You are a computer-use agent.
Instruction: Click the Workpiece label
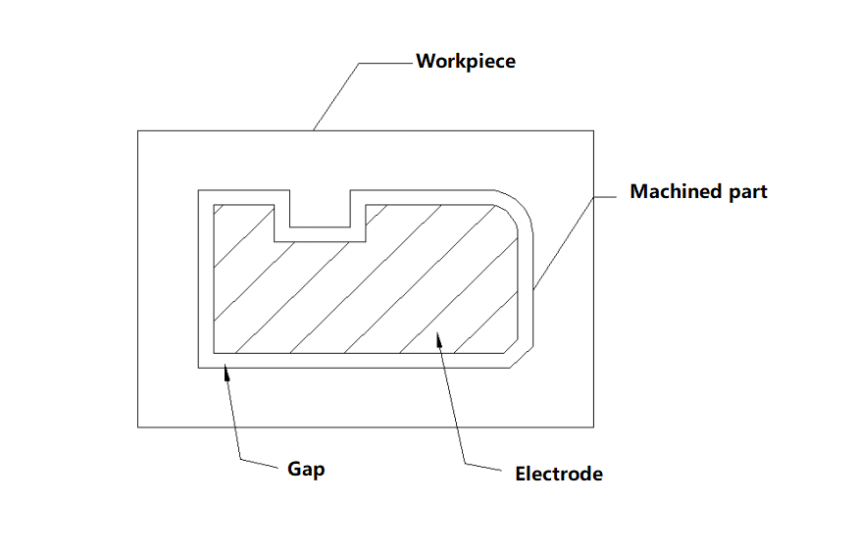(466, 61)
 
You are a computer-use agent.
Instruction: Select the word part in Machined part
(748, 192)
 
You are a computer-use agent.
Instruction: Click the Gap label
(306, 470)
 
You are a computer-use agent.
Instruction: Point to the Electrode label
(559, 474)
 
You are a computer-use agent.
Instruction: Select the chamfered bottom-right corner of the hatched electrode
(511, 346)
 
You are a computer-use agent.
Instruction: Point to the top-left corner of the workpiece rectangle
(137, 131)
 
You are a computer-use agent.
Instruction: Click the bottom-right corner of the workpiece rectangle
(593, 427)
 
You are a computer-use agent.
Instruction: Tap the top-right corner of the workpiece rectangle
(593, 131)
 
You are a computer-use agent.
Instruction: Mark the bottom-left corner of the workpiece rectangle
(137, 427)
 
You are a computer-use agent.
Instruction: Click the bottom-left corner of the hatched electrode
(214, 353)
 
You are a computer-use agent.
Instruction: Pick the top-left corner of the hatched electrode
(214, 205)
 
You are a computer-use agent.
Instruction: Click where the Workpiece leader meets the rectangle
(314, 130)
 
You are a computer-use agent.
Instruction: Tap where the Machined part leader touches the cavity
(533, 289)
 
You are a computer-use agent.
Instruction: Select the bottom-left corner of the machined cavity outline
(198, 368)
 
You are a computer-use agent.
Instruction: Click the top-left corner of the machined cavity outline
(198, 190)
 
